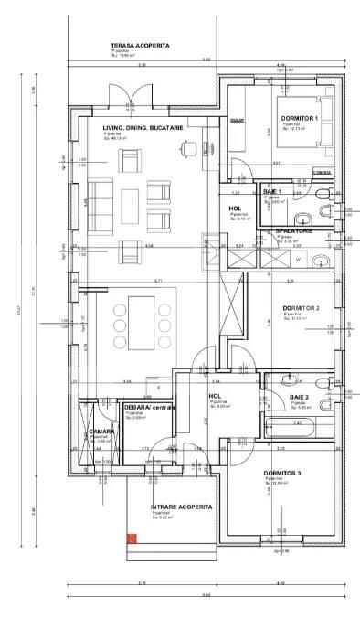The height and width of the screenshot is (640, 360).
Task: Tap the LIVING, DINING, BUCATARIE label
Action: pyautogui.click(x=143, y=128)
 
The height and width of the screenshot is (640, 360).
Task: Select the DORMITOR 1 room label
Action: pyautogui.click(x=299, y=119)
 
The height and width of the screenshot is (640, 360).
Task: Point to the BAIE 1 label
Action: pyautogui.click(x=273, y=191)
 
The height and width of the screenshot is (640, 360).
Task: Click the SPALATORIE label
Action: pyautogui.click(x=293, y=231)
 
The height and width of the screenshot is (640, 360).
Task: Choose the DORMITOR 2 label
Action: pyautogui.click(x=301, y=308)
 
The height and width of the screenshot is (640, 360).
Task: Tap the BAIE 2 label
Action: pyautogui.click(x=300, y=397)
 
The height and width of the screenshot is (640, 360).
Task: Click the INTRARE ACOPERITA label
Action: pyautogui.click(x=181, y=506)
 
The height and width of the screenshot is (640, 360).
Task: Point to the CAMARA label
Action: pyautogui.click(x=101, y=431)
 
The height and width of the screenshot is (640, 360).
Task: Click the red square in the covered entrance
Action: pyautogui.click(x=132, y=539)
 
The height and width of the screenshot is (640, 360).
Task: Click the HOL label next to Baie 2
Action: pyautogui.click(x=217, y=396)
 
